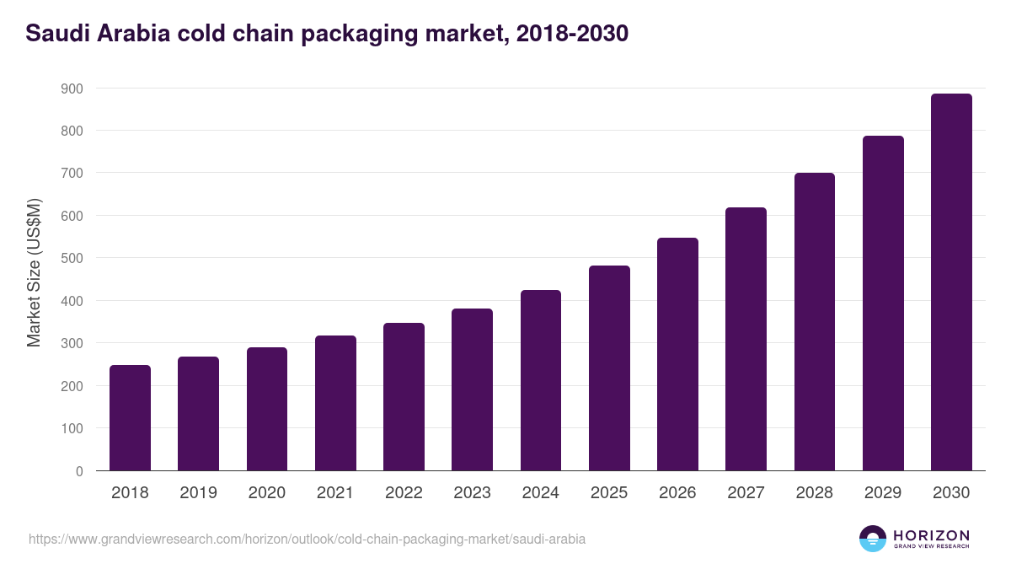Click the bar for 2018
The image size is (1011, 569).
(x=130, y=418)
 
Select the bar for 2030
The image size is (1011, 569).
(x=951, y=282)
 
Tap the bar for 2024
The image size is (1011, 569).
(x=541, y=380)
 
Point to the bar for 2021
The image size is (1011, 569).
(x=335, y=403)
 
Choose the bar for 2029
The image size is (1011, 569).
(x=883, y=303)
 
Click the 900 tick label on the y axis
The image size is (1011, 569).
(x=72, y=89)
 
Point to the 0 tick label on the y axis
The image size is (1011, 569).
(x=79, y=471)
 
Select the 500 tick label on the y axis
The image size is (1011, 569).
(x=72, y=258)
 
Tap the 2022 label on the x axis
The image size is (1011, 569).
(x=404, y=493)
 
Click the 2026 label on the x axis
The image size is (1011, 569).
(x=677, y=493)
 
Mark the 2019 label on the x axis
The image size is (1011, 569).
(x=198, y=493)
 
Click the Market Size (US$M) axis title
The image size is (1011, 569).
(x=34, y=272)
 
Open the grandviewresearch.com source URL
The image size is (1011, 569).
(x=307, y=539)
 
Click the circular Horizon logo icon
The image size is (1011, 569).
(x=872, y=539)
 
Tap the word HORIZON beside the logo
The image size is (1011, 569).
(x=931, y=534)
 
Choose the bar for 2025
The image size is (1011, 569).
(x=609, y=368)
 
